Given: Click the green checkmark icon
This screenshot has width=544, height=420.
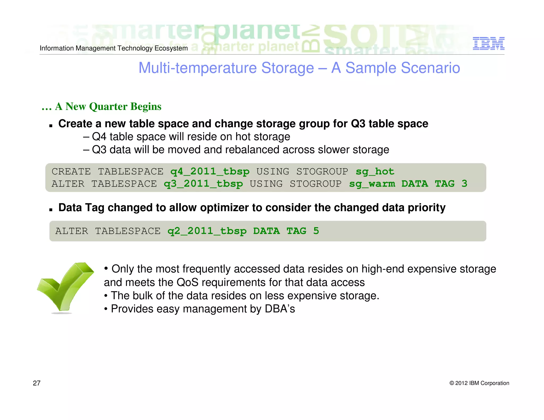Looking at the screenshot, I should click(x=65, y=287).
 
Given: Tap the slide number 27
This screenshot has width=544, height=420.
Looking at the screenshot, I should click(x=37, y=383).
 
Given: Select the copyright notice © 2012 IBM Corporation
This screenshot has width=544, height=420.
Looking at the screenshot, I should click(x=479, y=383).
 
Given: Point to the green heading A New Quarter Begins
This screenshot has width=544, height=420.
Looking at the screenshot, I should click(x=102, y=106).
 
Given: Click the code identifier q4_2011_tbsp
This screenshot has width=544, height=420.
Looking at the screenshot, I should click(x=210, y=172).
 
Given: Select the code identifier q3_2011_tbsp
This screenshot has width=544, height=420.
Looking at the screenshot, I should click(x=203, y=184).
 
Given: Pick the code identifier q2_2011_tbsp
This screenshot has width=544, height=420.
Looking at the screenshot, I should click(x=207, y=231).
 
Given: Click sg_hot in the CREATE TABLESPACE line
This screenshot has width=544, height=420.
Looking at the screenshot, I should click(x=375, y=172).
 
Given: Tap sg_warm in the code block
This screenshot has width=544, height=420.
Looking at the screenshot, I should click(x=372, y=184).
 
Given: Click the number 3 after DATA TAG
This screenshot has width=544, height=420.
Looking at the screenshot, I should click(x=464, y=183).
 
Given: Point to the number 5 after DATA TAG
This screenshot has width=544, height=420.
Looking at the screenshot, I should click(x=316, y=231).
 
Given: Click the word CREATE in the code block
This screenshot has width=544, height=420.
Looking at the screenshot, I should click(x=71, y=172).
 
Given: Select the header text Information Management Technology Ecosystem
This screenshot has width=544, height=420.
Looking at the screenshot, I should click(x=114, y=48).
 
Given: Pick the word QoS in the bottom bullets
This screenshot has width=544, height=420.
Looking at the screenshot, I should click(x=188, y=282).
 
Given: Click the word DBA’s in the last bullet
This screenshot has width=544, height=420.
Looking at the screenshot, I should click(x=280, y=309).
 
